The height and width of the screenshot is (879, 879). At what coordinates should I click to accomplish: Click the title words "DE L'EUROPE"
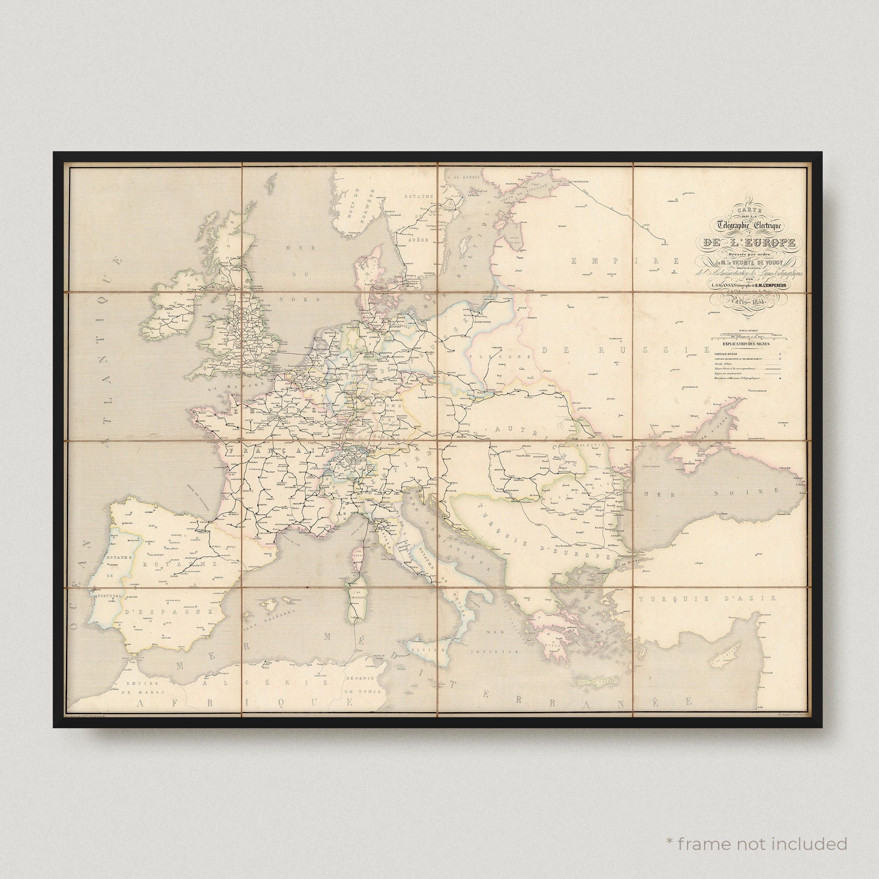click(x=749, y=242)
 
